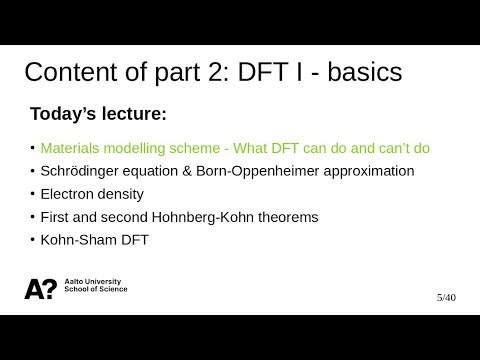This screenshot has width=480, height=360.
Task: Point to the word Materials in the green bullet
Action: pos(71,148)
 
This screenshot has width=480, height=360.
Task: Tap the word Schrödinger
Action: pos(83,171)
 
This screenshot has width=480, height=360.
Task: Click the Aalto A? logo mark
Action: pos(40,289)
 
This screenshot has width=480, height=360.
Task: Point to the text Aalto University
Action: pos(91,284)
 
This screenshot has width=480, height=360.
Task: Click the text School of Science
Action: pos(95,293)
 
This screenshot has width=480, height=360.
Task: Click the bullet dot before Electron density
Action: pos(32,194)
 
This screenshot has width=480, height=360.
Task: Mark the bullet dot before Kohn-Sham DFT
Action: pos(32,240)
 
